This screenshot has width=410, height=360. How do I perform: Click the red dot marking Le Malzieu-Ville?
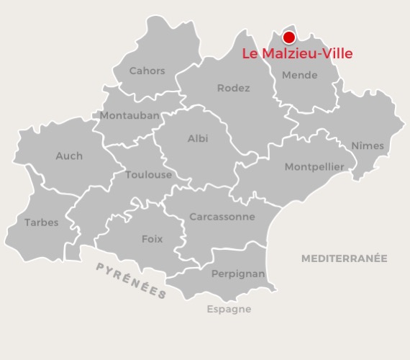coord(289,37)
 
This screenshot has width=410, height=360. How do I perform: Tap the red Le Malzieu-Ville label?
coord(297,53)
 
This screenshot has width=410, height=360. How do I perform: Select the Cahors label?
coord(147,71)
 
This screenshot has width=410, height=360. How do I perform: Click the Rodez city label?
coord(233,88)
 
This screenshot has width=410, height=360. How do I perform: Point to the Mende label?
coord(299,75)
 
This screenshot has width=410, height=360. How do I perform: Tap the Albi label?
coord(198,138)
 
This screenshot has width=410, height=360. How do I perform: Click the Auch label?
coord(69,156)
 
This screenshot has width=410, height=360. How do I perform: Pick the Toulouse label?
coord(148,174)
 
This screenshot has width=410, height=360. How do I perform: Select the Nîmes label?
coord(368,145)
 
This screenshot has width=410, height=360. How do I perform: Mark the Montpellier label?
coord(314,167)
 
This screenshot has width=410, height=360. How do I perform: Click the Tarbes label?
coord(42,222)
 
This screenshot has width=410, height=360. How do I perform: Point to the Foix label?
coord(152,238)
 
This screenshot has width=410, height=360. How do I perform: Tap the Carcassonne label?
coord(222,216)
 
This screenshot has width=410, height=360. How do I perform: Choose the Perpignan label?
coord(238,274)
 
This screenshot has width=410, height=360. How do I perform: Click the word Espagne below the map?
coord(229,309)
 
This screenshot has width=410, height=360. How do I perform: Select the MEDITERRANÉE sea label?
coord(344,258)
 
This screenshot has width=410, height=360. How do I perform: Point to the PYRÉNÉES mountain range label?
coord(132,280)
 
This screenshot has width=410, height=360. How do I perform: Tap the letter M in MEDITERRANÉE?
coord(305,258)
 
